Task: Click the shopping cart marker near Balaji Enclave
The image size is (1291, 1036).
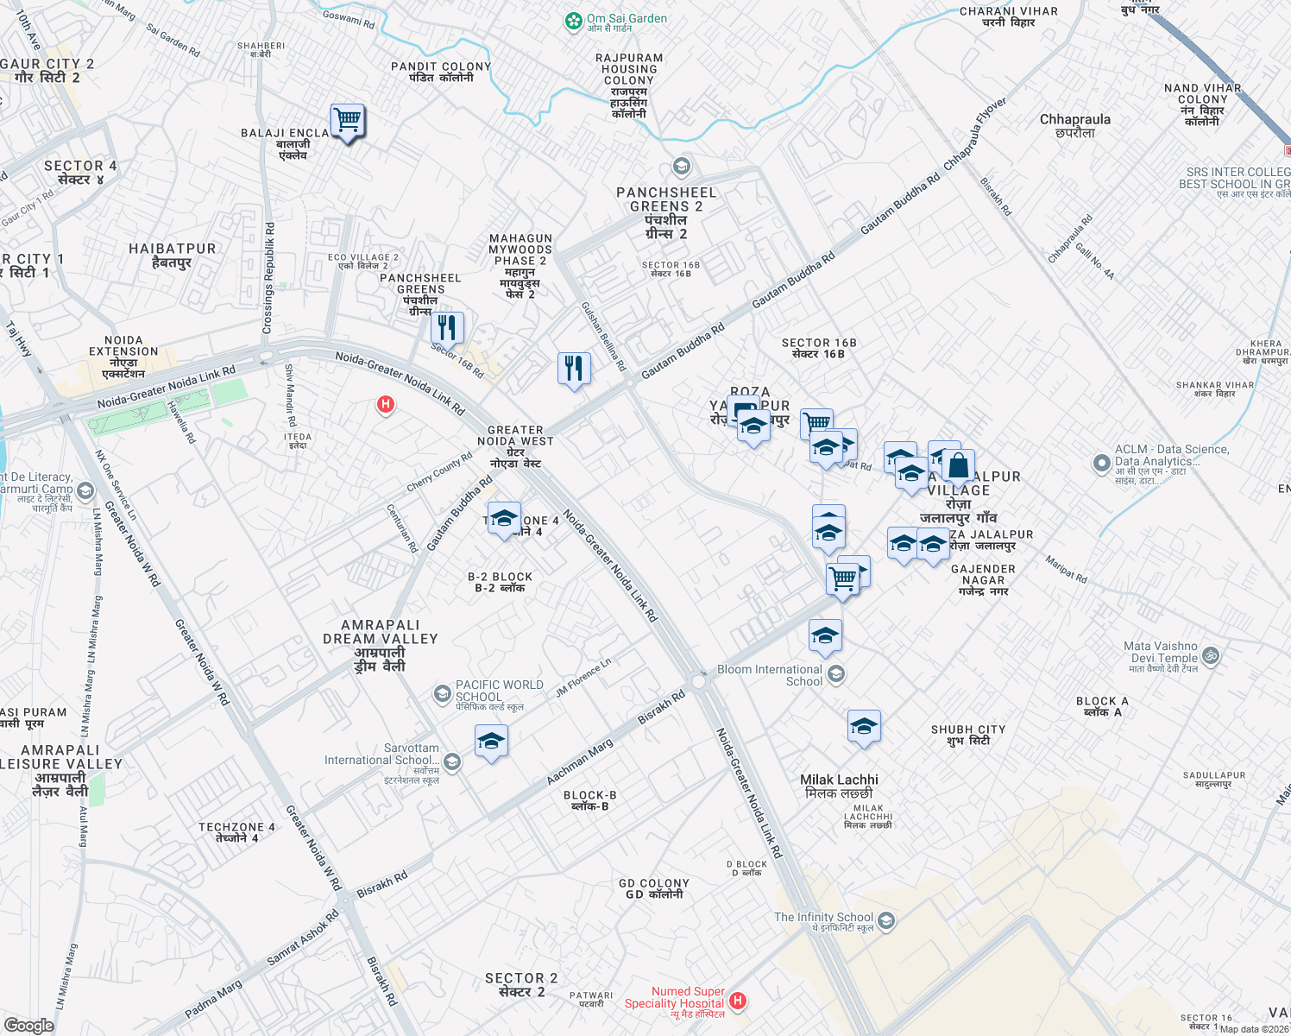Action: coord(348,122)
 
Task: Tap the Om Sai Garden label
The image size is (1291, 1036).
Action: coord(627,19)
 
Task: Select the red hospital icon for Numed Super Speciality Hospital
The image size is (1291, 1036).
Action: coord(737,1001)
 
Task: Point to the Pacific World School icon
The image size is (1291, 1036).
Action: coord(442,693)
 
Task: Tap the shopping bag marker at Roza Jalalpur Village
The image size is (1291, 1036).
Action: coord(958,466)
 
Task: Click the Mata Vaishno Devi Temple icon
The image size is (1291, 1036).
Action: coord(1211,656)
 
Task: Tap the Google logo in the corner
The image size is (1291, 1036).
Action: coord(28,1025)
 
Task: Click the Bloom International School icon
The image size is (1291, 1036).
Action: coord(835,673)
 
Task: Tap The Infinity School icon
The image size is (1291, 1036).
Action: coord(886,921)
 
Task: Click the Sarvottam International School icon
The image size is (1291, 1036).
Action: coord(452,761)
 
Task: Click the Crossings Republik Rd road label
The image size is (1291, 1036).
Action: coord(268,279)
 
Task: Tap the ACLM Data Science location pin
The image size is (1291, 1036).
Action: coord(1101,464)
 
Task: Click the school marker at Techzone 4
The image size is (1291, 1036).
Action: coord(504,520)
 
